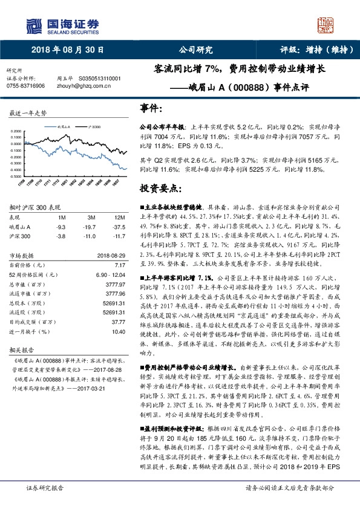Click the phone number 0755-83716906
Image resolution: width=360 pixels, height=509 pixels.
25,86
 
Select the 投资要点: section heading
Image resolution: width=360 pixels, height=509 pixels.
160,188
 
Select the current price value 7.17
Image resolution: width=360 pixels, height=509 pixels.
120,265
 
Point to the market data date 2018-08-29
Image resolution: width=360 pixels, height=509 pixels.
111,256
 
